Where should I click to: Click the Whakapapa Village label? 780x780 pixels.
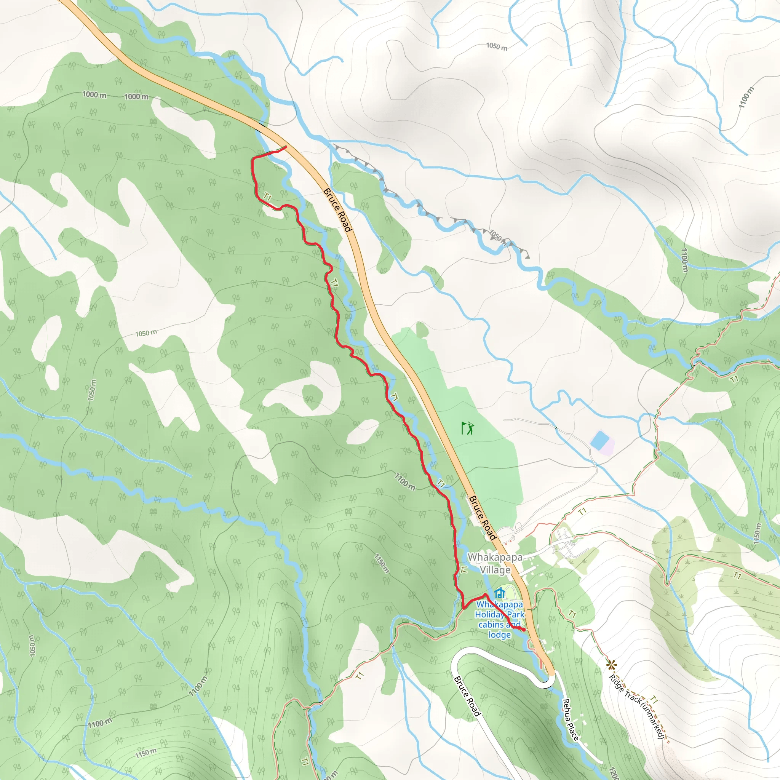click(x=495, y=563)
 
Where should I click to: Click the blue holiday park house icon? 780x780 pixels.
click(x=500, y=593)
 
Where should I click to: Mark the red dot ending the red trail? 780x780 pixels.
click(x=524, y=630)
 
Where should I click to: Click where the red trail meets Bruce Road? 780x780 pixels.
click(x=286, y=147)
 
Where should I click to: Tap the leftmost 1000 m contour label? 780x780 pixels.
click(x=94, y=95)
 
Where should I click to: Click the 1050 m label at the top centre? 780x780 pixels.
click(x=497, y=47)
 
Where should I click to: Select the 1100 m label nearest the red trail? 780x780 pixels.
click(x=404, y=482)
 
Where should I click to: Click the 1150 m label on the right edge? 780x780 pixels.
click(x=757, y=533)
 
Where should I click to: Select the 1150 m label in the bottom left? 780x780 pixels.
click(x=146, y=753)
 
